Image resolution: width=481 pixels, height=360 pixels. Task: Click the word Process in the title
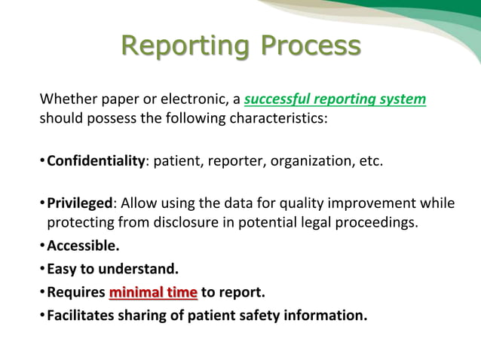[x=310, y=47]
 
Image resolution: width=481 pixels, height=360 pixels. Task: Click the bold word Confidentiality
[x=96, y=160]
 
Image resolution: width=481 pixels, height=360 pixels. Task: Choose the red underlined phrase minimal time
[x=153, y=292]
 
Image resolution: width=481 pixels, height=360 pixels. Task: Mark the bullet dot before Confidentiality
[x=42, y=161]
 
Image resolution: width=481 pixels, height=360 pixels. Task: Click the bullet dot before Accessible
[x=42, y=246]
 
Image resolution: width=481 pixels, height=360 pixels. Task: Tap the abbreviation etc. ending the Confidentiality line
[x=370, y=160]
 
